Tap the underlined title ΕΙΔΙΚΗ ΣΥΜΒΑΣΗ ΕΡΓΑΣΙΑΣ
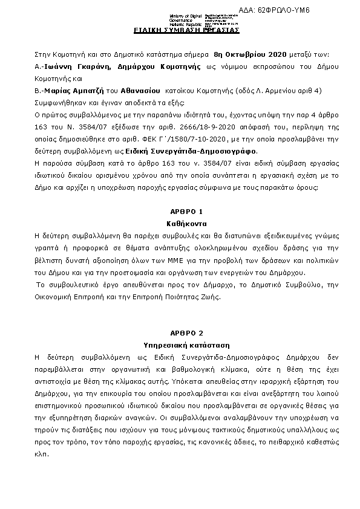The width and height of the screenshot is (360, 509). point(186,30)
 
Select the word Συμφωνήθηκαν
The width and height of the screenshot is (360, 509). point(59,103)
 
